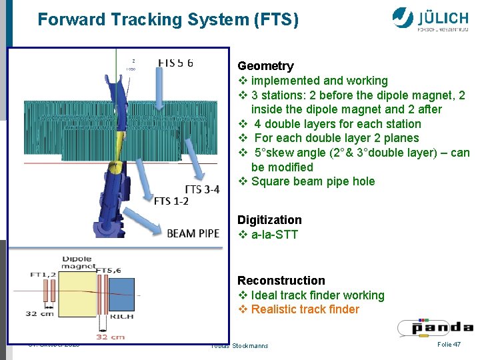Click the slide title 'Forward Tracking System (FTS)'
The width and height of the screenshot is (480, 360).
tap(168, 20)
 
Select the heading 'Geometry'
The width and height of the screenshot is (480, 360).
tap(265, 66)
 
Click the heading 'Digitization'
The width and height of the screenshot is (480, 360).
tap(269, 220)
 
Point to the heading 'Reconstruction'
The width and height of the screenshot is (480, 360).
tap(281, 281)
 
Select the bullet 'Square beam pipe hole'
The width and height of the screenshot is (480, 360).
tap(313, 181)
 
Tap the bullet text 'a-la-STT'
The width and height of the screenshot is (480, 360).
tap(275, 235)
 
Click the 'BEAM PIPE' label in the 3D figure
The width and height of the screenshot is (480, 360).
tap(193, 233)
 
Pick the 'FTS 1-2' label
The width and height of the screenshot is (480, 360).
tap(171, 201)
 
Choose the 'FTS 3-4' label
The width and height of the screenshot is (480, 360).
tap(202, 190)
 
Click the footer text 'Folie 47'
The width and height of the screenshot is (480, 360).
tap(449, 344)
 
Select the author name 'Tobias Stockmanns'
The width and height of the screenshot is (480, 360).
tap(239, 345)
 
